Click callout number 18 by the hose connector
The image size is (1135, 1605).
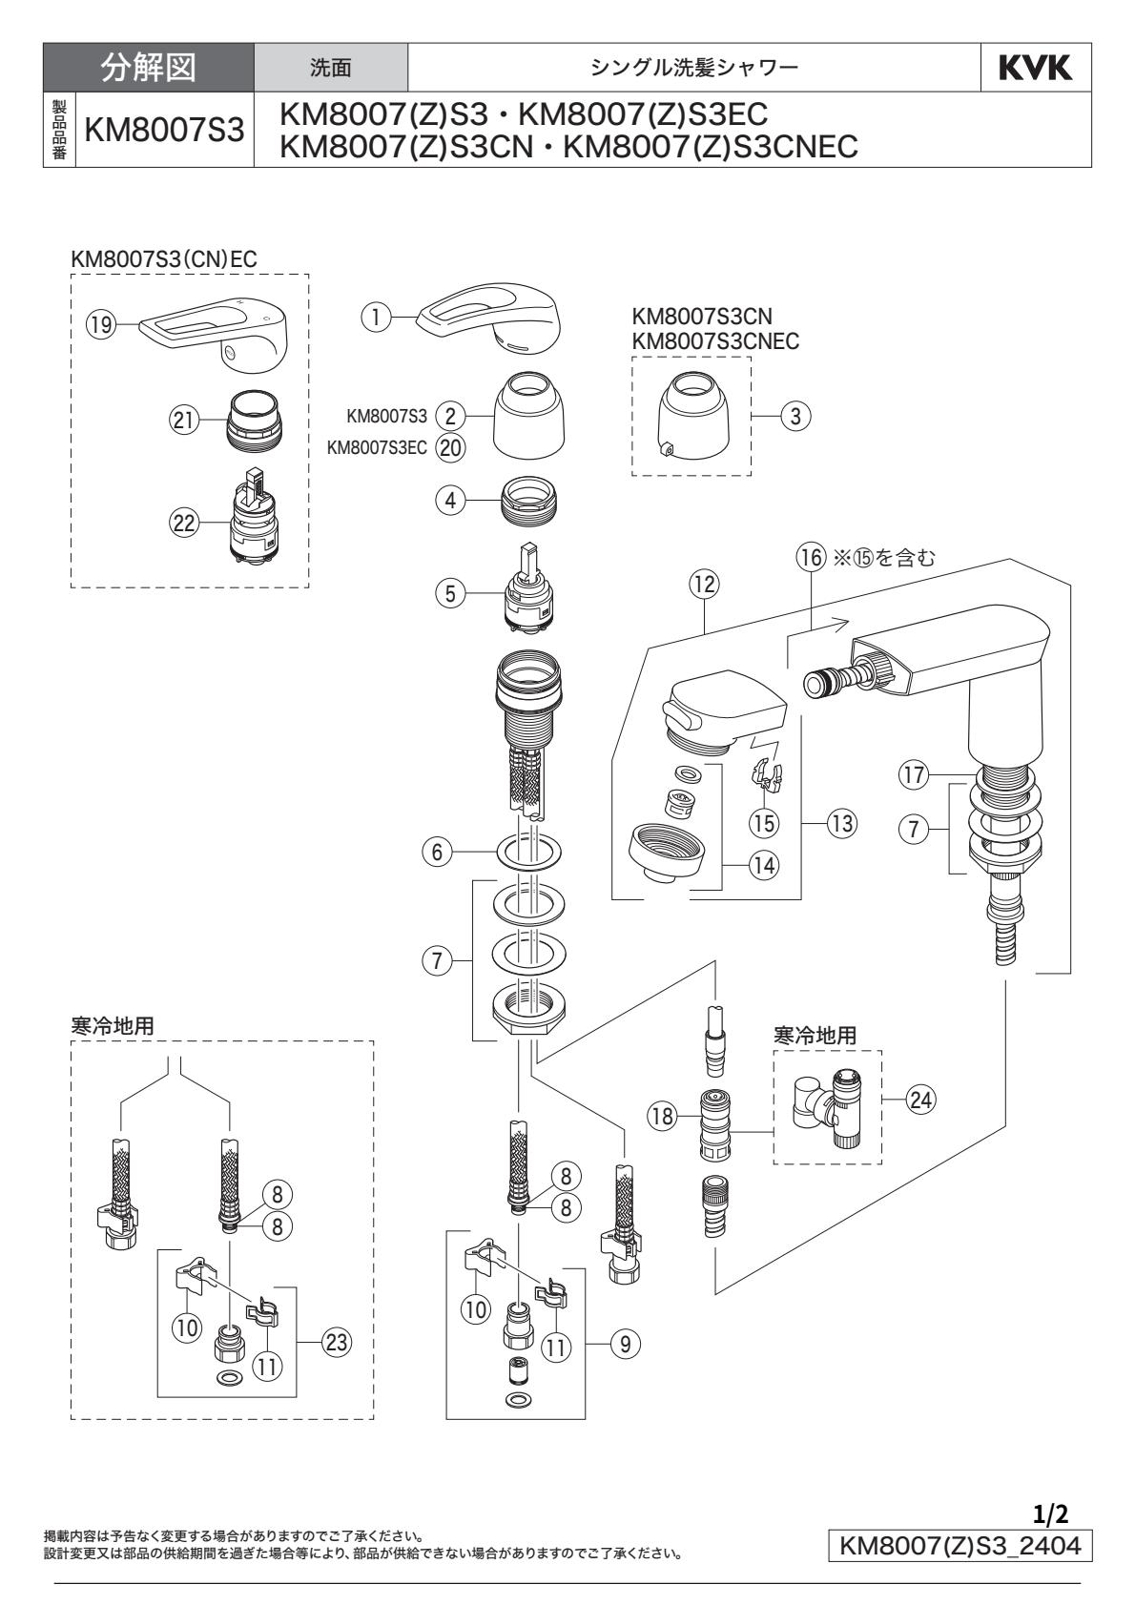pyautogui.click(x=664, y=1112)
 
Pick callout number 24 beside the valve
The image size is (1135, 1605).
pyautogui.click(x=921, y=1100)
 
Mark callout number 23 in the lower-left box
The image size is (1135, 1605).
pyautogui.click(x=335, y=1343)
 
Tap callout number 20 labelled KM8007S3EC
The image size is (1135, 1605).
pyautogui.click(x=450, y=447)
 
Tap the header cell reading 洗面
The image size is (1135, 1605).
pyautogui.click(x=332, y=68)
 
